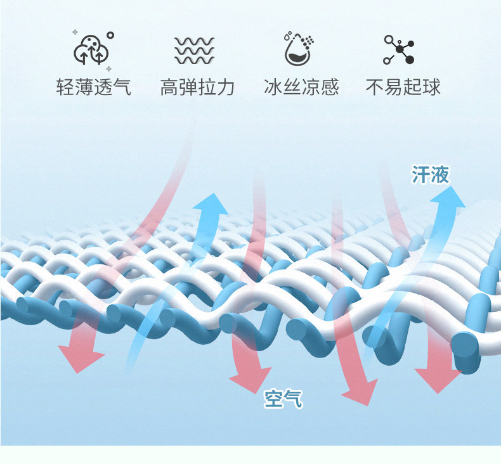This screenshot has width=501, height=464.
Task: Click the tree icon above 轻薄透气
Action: tap(93, 49)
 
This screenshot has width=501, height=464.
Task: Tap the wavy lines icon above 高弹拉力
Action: tap(195, 50)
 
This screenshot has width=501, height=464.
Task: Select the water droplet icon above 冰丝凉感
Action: tap(299, 49)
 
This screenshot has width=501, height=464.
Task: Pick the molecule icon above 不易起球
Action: tap(400, 50)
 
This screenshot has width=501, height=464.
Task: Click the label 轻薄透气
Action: tap(94, 87)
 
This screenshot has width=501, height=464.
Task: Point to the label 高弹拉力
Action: tap(197, 87)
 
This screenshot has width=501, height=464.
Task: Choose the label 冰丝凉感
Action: tap(301, 87)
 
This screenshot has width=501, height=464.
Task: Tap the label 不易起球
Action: tap(403, 87)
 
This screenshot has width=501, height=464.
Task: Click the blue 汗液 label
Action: tap(431, 174)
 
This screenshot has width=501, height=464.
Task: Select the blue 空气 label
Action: tap(283, 399)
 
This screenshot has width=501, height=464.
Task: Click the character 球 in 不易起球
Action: tap(431, 87)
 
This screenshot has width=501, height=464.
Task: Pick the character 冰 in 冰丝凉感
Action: tap(273, 87)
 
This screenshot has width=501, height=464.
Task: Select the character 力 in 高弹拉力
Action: tap(225, 87)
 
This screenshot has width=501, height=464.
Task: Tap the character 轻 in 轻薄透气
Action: tap(65, 87)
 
